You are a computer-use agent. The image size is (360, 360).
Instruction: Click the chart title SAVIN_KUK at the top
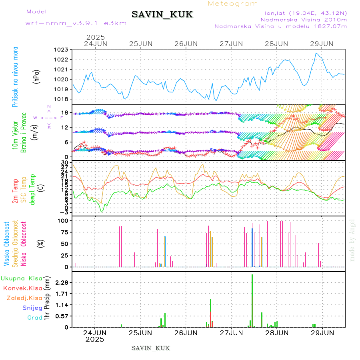(162, 15)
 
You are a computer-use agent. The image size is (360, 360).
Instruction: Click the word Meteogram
(233, 4)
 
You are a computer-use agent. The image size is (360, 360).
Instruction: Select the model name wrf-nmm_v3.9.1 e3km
(76, 23)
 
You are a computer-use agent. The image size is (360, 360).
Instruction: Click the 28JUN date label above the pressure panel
(276, 43)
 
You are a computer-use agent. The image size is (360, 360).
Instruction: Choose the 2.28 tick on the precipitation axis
(62, 283)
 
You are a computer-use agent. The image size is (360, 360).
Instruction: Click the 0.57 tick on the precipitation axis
(62, 316)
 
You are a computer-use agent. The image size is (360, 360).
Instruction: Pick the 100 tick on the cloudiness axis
(64, 220)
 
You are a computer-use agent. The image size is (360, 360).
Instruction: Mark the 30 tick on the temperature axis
(65, 162)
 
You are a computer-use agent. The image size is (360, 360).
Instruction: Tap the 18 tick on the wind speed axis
(65, 112)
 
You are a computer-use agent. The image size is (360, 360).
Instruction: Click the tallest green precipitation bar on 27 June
(252, 300)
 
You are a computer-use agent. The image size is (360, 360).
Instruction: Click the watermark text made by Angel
(352, 240)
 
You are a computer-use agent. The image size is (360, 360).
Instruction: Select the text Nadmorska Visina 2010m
(304, 19)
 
